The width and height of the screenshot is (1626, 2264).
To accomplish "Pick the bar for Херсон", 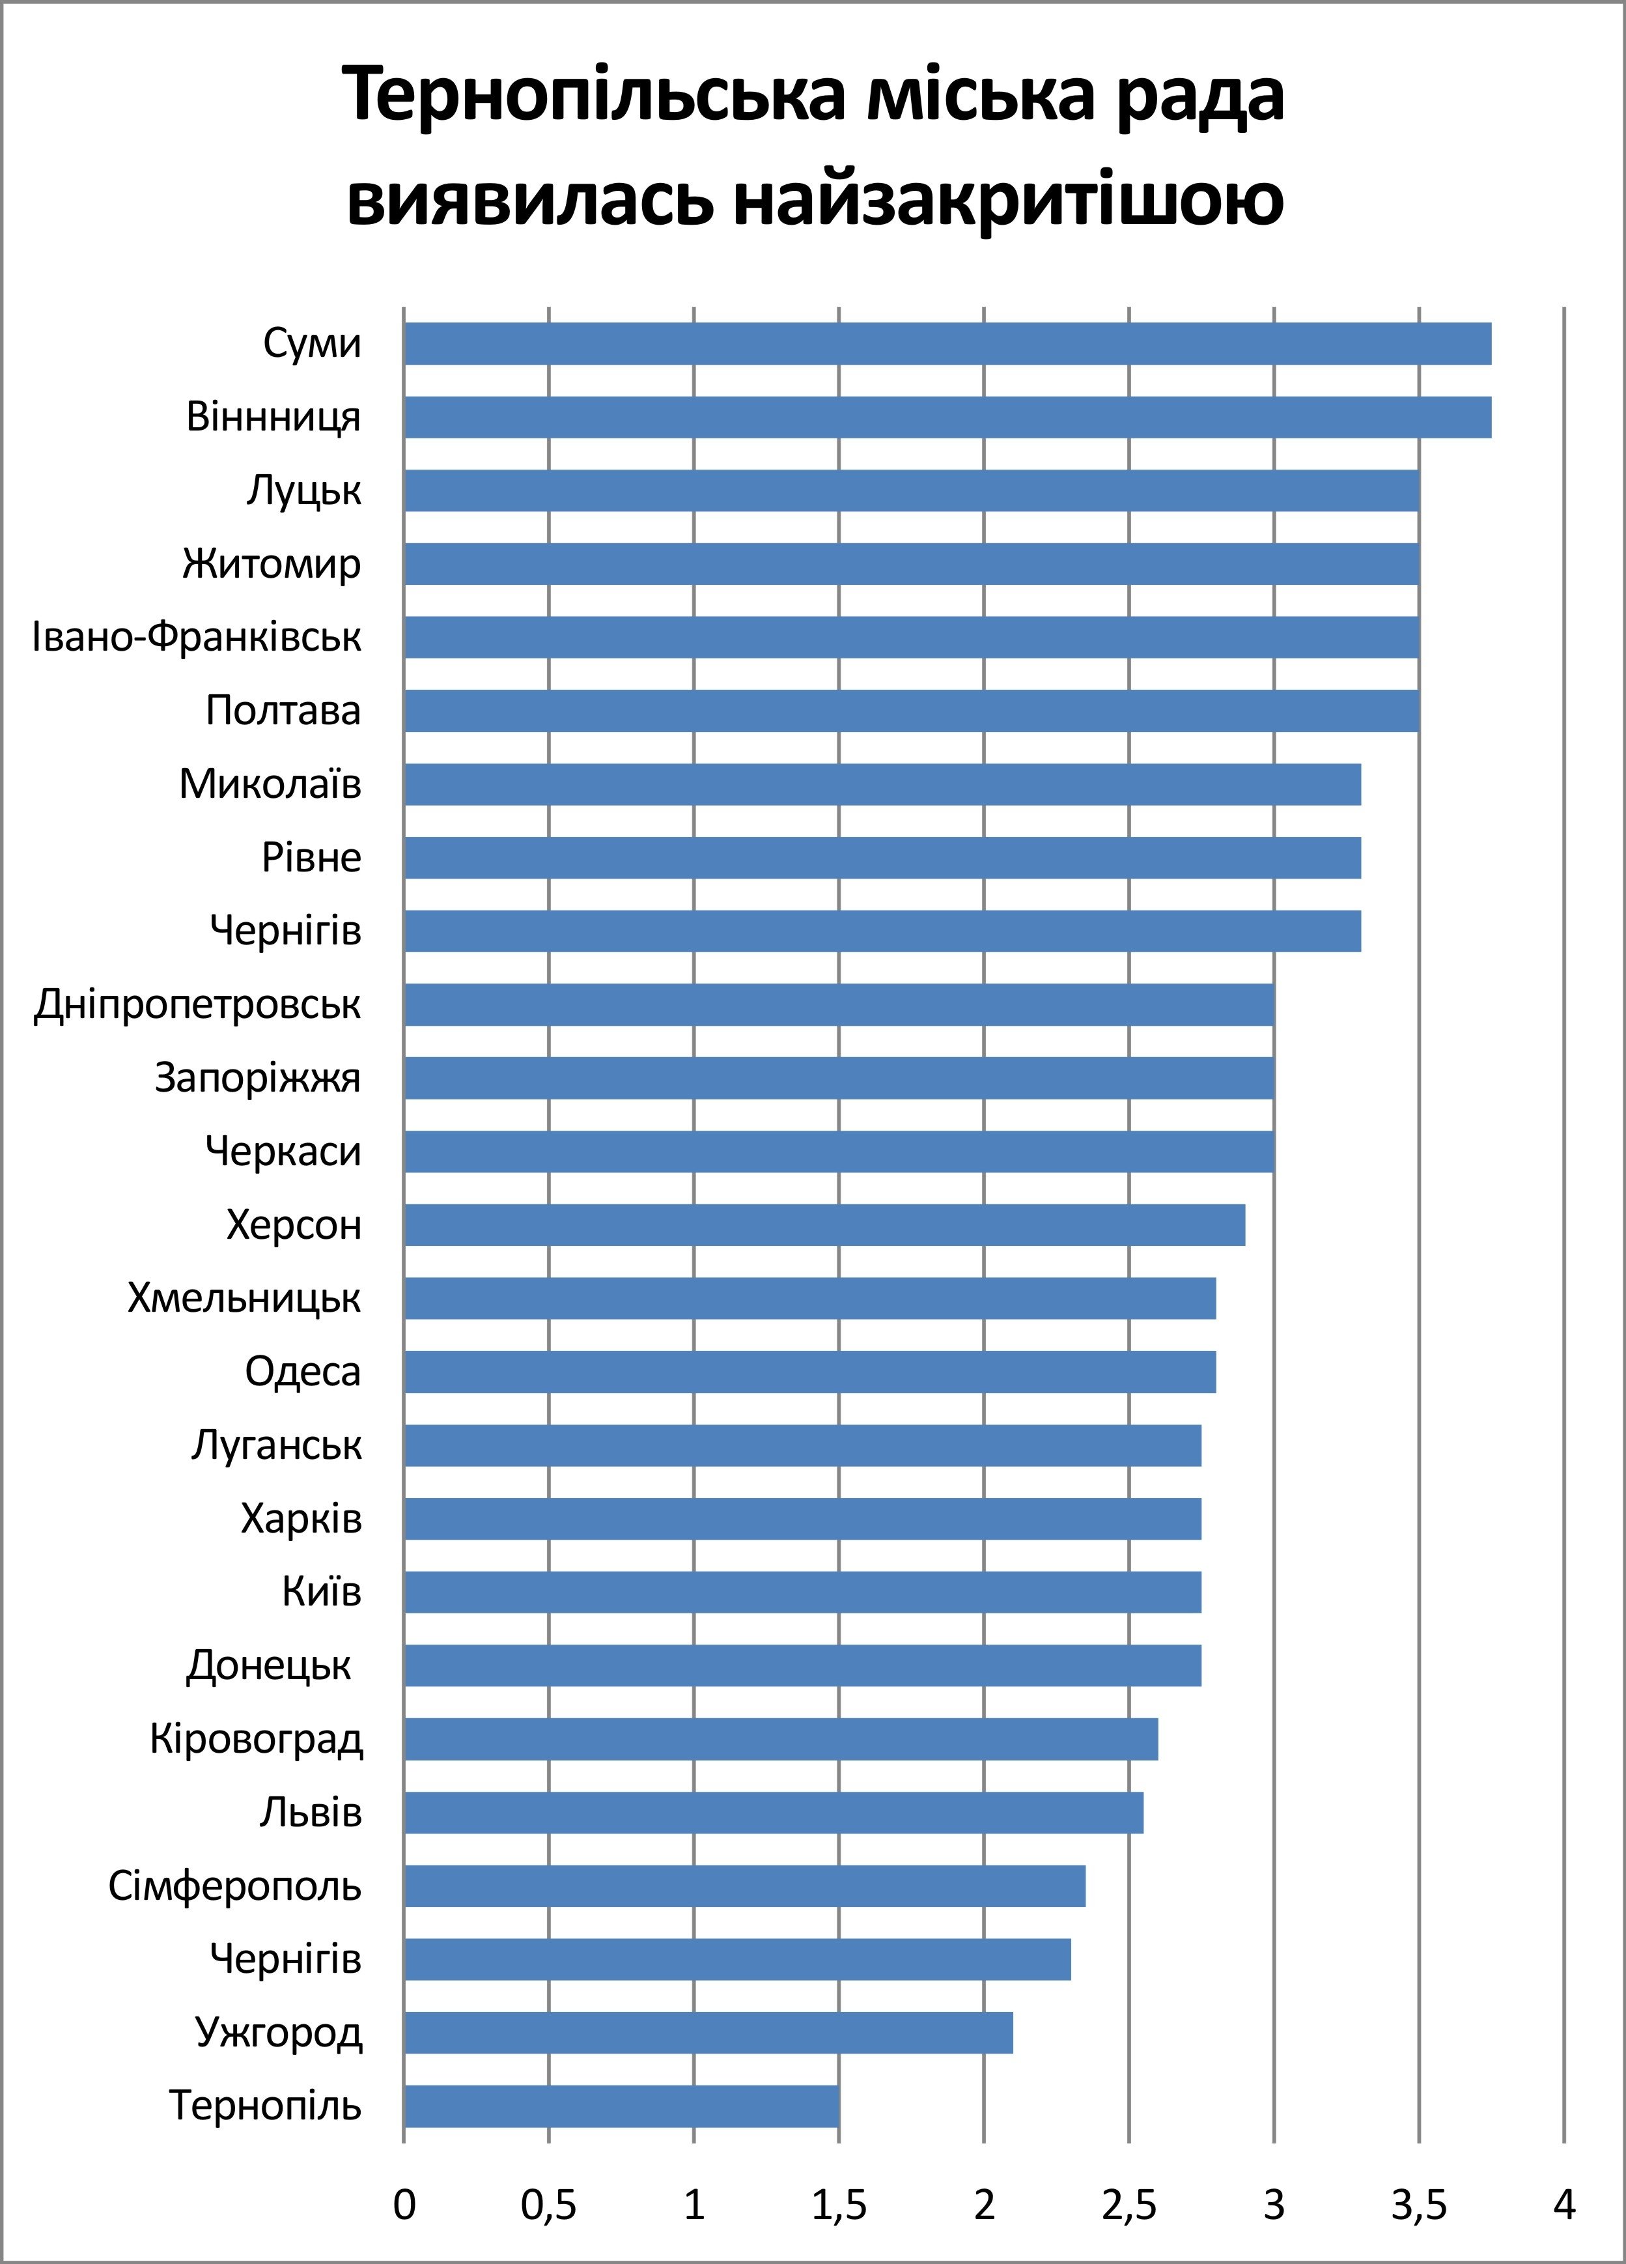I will pos(824,1225).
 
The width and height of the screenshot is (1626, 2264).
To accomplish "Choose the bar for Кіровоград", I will pos(781,1739).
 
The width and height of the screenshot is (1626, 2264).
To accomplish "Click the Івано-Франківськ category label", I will pos(197,637).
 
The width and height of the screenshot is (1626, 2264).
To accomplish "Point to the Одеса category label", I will pos(302,1372).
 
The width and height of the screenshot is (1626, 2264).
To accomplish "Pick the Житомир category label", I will pos(272,564).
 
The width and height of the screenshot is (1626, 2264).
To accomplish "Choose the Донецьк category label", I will pos(270,1665).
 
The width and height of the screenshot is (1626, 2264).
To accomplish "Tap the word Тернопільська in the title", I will pos(594,96).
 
